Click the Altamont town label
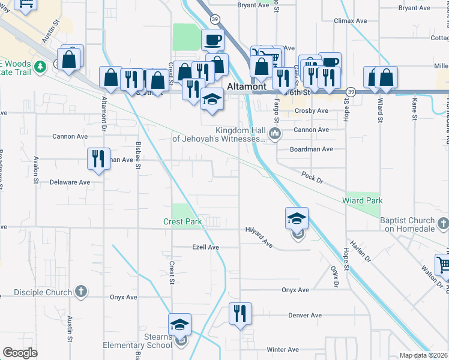point(247,86)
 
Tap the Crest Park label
point(182,221)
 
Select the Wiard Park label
point(362,200)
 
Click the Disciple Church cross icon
point(81,292)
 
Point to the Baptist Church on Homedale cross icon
point(443,224)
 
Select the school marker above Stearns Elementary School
point(180,325)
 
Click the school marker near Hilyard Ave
point(297,218)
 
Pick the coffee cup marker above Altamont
point(212,40)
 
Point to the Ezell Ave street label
point(205,247)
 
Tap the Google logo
point(20,353)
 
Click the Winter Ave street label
point(283,349)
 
